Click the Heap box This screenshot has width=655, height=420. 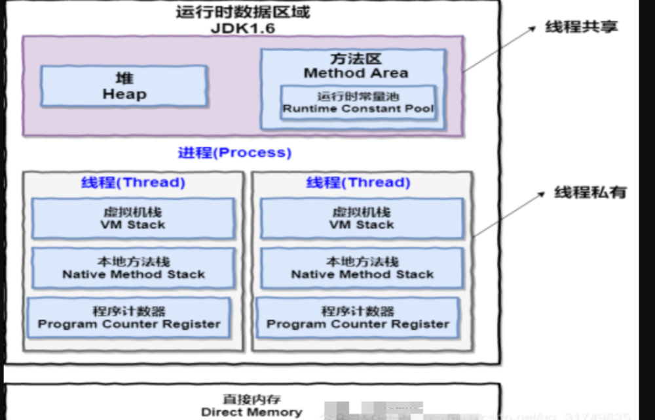pos(124,87)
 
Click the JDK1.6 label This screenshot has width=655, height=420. pos(243,28)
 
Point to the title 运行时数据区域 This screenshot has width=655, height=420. pos(243,12)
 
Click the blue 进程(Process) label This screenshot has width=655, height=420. pos(234,152)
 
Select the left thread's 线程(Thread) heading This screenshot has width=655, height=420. pos(133,182)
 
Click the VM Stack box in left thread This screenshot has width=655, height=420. pos(133,219)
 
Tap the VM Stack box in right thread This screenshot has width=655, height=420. pos(362,219)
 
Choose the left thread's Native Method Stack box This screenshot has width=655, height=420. pos(133,268)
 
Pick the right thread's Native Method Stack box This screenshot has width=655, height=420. pos(362,268)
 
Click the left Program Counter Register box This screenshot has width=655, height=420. pos(129,318)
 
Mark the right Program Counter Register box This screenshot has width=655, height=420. pos(358,318)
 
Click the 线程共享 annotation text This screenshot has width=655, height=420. pos(582,27)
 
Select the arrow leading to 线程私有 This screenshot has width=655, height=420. pos(508,214)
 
